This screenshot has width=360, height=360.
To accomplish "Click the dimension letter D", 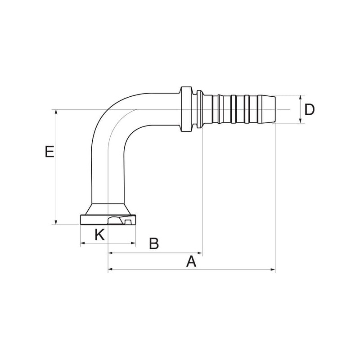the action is [309, 110].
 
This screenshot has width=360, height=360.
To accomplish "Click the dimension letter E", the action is [49, 152].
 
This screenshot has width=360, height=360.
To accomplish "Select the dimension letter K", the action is [100, 234].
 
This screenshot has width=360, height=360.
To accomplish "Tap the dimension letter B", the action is [154, 243].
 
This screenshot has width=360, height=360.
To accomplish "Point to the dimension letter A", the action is [191, 261].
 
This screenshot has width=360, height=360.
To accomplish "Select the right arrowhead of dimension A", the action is [273, 269].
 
